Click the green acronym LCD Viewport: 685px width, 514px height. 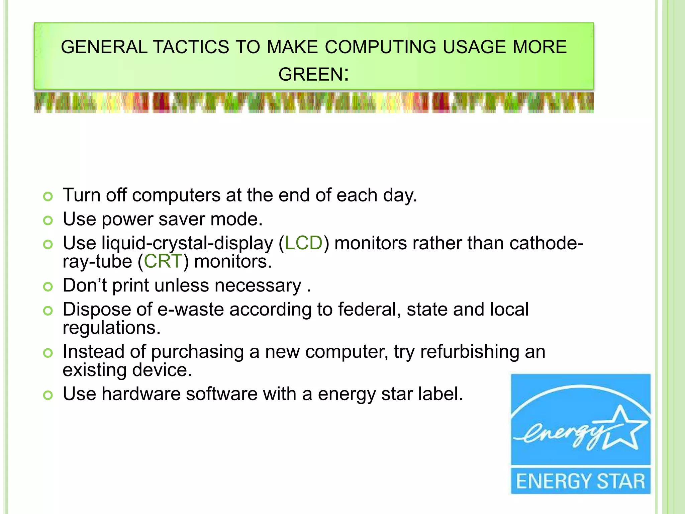pos(304,243)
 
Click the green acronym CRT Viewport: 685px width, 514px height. pos(163,261)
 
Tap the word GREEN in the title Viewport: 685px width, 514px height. pos(310,74)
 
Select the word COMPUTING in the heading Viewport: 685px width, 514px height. pos(380,47)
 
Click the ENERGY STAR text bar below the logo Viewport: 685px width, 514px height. pos(581,481)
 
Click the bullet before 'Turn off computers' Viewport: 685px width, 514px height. pos(48,196)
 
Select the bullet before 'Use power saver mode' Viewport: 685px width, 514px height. pos(48,221)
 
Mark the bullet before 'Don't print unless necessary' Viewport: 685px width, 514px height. pos(48,287)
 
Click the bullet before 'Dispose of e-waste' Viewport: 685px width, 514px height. pos(48,311)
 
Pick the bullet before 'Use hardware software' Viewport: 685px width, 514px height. pos(48,395)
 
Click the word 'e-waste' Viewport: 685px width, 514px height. pos(191,310)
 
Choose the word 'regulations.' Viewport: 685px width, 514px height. pos(112,328)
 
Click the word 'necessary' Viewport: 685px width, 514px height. pos(258,286)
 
